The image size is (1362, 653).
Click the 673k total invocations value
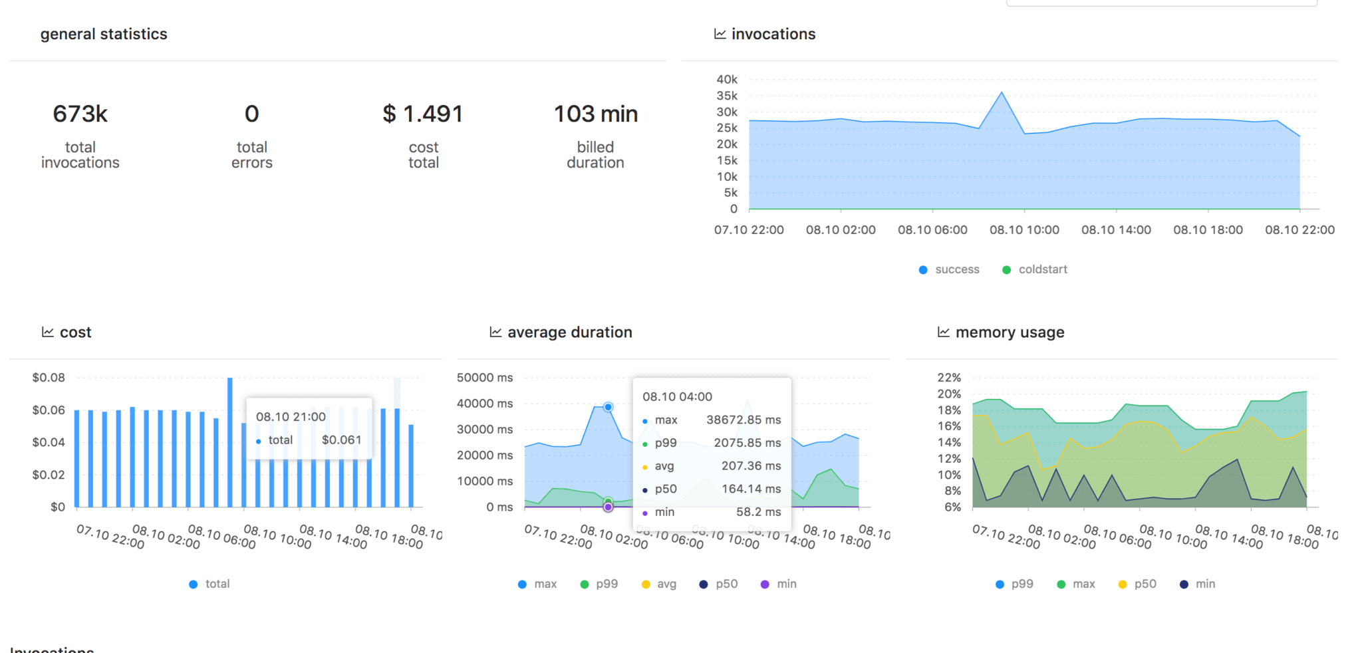(80, 114)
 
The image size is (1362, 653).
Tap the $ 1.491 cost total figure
(423, 114)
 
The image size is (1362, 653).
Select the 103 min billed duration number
(595, 114)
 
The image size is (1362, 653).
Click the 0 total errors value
(251, 114)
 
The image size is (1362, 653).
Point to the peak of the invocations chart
(1002, 93)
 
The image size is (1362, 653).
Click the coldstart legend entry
(1042, 269)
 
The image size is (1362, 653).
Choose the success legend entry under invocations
(956, 269)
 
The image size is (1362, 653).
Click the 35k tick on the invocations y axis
(727, 96)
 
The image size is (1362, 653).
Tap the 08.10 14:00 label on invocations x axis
(1116, 230)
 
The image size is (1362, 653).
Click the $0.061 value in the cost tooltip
(341, 440)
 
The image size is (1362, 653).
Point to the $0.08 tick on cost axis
(49, 378)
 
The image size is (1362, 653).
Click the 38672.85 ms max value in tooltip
(743, 420)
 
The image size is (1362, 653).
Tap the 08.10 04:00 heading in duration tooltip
(677, 397)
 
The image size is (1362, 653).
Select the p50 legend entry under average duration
(726, 584)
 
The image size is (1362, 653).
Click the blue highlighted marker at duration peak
(608, 407)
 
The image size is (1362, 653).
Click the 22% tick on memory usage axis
(949, 378)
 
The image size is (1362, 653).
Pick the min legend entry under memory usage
(1204, 584)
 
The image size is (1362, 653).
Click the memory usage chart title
(1009, 332)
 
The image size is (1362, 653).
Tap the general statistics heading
(104, 34)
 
